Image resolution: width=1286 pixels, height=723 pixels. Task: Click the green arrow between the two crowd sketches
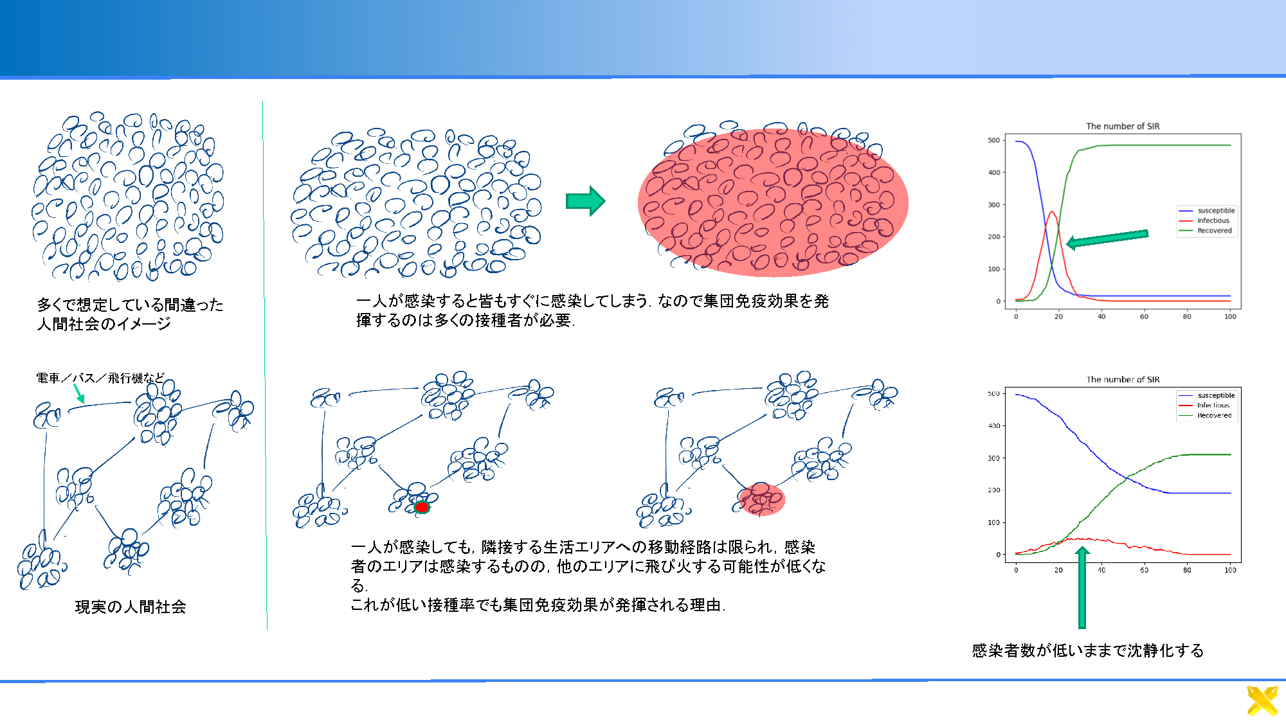[x=585, y=201]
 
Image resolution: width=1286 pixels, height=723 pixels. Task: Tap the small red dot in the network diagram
[x=422, y=507]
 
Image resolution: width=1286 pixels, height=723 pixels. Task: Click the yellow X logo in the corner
[x=1262, y=701]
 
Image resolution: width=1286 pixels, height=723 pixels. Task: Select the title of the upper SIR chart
[x=1123, y=126]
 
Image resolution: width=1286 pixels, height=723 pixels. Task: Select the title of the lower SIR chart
[x=1123, y=379]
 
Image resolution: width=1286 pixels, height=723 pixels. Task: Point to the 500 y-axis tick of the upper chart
[x=993, y=140]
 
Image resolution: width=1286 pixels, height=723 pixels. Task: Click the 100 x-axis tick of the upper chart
[x=1230, y=316]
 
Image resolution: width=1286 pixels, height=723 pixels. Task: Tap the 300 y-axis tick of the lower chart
[x=993, y=458]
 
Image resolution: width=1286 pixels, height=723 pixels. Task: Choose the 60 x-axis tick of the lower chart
[x=1144, y=569]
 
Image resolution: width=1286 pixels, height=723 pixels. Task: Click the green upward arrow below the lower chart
[x=1082, y=587]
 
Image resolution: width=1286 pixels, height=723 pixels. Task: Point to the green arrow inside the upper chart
[x=1107, y=238]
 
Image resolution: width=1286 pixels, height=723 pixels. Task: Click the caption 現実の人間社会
[x=131, y=607]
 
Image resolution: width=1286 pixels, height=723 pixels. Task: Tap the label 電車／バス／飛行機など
[x=100, y=378]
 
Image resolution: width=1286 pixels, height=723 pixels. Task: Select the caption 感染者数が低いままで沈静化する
[x=1087, y=650]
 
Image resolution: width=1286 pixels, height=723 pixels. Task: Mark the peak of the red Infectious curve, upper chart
[x=1052, y=211]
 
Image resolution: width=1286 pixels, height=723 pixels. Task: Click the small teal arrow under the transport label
[x=79, y=393]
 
